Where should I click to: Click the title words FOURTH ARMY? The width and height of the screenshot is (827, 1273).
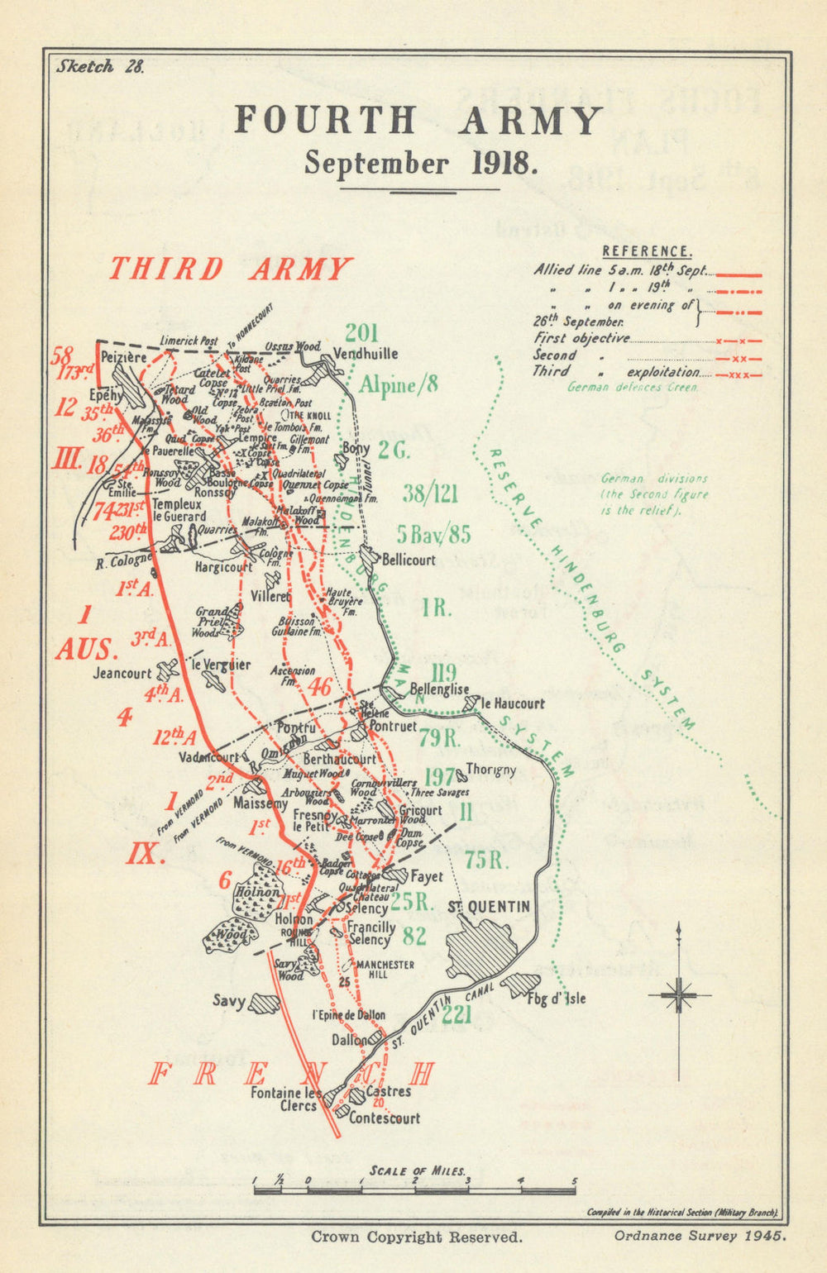coord(418,121)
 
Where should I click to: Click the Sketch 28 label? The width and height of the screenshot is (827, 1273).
coord(99,67)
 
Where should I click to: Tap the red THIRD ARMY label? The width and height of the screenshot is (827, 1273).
coord(230,269)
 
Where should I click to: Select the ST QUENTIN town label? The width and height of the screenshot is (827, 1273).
coord(488,907)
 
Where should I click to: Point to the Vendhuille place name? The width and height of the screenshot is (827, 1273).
coord(365,354)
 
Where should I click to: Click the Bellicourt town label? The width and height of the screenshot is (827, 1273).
coord(409,560)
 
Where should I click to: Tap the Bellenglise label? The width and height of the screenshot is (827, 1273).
coord(439,689)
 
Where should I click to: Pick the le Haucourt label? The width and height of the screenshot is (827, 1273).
coord(513,703)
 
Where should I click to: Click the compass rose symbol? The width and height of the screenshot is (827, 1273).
coord(679,995)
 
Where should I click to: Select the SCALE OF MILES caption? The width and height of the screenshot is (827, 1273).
coord(418,1170)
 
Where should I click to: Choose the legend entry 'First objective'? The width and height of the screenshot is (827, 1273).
coord(581,338)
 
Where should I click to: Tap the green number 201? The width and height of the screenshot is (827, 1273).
coord(361,333)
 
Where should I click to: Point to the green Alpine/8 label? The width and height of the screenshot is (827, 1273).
coord(398,384)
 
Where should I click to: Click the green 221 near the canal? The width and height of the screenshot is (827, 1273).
coord(457,1014)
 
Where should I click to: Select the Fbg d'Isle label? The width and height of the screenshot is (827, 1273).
coord(557,998)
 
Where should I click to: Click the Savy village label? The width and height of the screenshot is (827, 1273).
coord(229,1001)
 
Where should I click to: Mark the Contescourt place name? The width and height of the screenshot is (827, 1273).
coord(384,1118)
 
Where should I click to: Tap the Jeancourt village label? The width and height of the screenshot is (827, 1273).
coord(122,673)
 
